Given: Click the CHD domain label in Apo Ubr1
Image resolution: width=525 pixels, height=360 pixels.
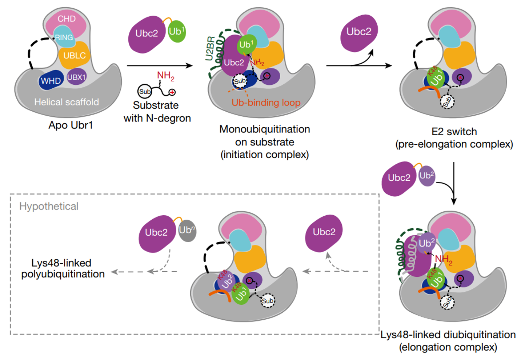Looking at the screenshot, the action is (67, 19).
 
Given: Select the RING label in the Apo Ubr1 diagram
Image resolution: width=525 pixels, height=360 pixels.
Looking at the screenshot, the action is (64, 37).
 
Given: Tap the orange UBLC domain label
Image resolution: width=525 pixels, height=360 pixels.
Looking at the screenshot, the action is (75, 56).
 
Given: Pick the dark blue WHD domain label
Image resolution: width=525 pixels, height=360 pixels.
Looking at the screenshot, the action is (51, 81).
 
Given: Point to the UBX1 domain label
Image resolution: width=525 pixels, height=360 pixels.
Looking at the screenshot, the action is (76, 77).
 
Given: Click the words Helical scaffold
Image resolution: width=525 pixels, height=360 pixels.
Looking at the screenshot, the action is (67, 102).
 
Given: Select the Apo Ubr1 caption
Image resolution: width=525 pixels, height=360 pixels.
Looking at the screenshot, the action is (71, 125).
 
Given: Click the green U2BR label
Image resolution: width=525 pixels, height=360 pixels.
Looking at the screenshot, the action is (210, 48).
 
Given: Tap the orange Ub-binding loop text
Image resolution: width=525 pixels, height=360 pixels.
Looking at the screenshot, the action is (266, 103).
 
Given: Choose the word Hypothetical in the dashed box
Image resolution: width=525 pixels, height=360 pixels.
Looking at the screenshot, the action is (49, 206).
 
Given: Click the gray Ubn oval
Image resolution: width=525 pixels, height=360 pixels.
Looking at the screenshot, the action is (187, 231).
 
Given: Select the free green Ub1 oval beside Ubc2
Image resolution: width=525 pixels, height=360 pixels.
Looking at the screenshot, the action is (177, 31).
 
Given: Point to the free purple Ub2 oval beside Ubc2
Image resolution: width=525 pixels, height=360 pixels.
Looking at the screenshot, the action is (427, 176).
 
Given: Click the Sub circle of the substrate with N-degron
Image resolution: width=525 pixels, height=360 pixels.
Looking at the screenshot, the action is (145, 91).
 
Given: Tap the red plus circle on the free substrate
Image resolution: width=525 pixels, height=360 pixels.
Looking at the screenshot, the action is (172, 92).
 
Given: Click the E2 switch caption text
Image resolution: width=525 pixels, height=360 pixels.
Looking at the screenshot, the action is (454, 132).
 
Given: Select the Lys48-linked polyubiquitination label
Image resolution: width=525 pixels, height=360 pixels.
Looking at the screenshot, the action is (63, 269).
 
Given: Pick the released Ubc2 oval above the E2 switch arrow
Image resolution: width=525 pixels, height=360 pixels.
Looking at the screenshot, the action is (359, 33).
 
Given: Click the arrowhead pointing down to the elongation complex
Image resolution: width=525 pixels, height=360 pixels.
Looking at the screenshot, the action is (454, 201).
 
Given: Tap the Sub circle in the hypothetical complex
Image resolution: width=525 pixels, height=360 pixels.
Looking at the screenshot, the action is (268, 301).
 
